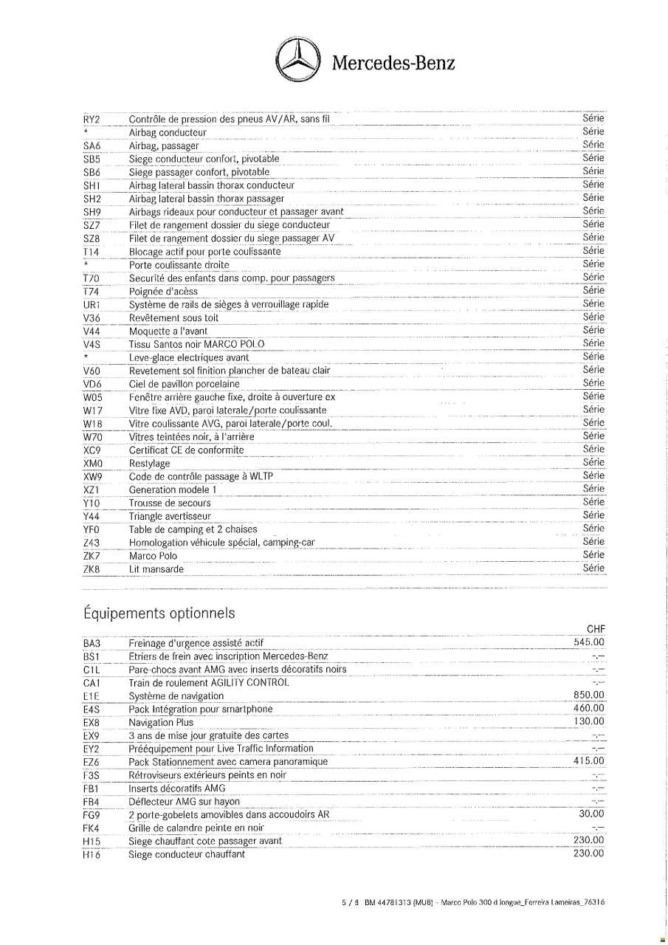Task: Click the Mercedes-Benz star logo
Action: point(297,61)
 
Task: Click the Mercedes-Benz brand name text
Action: point(393,63)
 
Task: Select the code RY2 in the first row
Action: point(92,119)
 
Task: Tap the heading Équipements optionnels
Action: point(159,614)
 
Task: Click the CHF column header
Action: point(595,629)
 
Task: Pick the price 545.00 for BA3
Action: point(588,642)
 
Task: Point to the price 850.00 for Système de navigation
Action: point(588,695)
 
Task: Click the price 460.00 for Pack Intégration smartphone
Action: point(588,709)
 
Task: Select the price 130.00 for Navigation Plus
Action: point(588,721)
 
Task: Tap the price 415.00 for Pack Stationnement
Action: point(588,761)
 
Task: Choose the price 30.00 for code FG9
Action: point(591,814)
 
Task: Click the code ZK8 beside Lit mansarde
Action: point(92,569)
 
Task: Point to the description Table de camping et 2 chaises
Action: point(193,529)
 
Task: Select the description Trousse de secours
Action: point(169,503)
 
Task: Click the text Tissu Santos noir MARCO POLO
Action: point(196,344)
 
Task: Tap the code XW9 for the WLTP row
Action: point(92,476)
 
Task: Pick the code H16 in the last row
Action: point(92,855)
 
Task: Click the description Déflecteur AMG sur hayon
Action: point(184,802)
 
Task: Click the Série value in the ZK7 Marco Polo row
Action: point(593,554)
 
